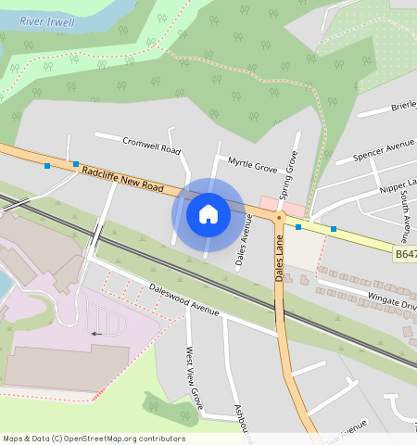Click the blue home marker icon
pyautogui.click(x=208, y=214)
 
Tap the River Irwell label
pyautogui.click(x=45, y=20)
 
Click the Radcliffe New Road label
pyautogui.click(x=122, y=180)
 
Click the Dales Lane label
pyautogui.click(x=280, y=259)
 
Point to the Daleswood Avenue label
pyautogui.click(x=183, y=299)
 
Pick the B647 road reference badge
pyautogui.click(x=404, y=252)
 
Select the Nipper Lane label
pyautogui.click(x=398, y=184)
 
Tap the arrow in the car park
pyautogui.click(x=96, y=332)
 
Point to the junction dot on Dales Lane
pyautogui.click(x=278, y=216)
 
